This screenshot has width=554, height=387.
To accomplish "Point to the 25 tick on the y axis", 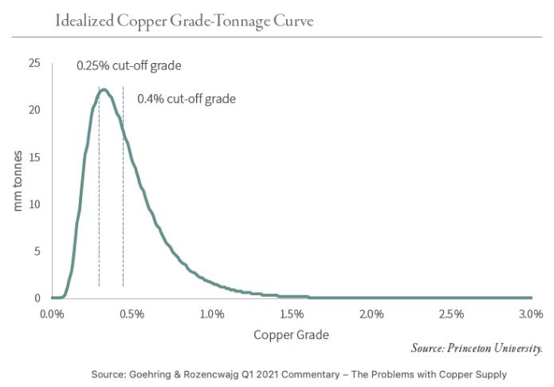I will pyautogui.click(x=33, y=62).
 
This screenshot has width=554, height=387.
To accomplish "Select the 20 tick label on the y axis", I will pyautogui.click(x=33, y=109).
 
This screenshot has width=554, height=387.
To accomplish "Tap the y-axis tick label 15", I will pyautogui.click(x=33, y=156).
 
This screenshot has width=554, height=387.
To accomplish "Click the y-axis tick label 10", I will pyautogui.click(x=33, y=203).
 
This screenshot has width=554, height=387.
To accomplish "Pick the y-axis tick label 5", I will pyautogui.click(x=37, y=251).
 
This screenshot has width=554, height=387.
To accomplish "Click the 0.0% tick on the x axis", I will pyautogui.click(x=52, y=313).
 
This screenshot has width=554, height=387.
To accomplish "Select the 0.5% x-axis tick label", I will pyautogui.click(x=132, y=313).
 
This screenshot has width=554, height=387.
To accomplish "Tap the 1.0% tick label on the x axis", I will pyautogui.click(x=212, y=313).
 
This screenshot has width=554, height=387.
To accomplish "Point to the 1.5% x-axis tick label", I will pyautogui.click(x=292, y=313).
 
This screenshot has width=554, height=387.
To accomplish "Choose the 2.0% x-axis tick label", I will pyautogui.click(x=371, y=313).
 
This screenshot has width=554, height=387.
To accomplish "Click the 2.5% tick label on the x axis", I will pyautogui.click(x=451, y=313).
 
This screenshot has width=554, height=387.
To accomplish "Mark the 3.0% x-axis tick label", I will pyautogui.click(x=529, y=313).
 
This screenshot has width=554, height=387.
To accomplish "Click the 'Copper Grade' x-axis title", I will pyautogui.click(x=291, y=334).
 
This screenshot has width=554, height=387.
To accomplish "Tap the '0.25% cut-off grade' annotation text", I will pyautogui.click(x=134, y=66).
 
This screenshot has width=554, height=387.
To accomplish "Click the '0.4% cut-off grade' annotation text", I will pyautogui.click(x=187, y=100).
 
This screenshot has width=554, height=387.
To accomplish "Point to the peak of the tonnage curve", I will pyautogui.click(x=104, y=90).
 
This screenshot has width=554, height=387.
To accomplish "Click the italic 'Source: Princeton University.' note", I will pyautogui.click(x=477, y=349).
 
